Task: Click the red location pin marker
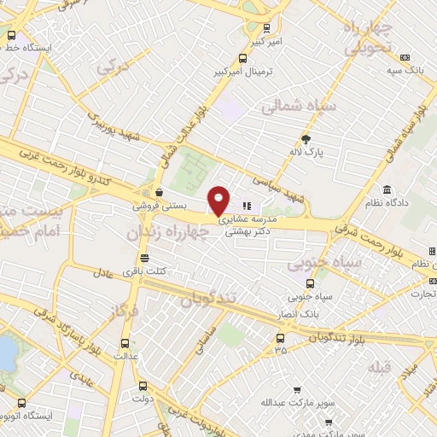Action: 219,200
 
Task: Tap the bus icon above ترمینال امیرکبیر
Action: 244,59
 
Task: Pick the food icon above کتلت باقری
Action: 145,258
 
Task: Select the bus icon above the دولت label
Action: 144,384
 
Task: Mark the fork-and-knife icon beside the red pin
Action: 248,205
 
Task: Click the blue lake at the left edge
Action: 6,353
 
